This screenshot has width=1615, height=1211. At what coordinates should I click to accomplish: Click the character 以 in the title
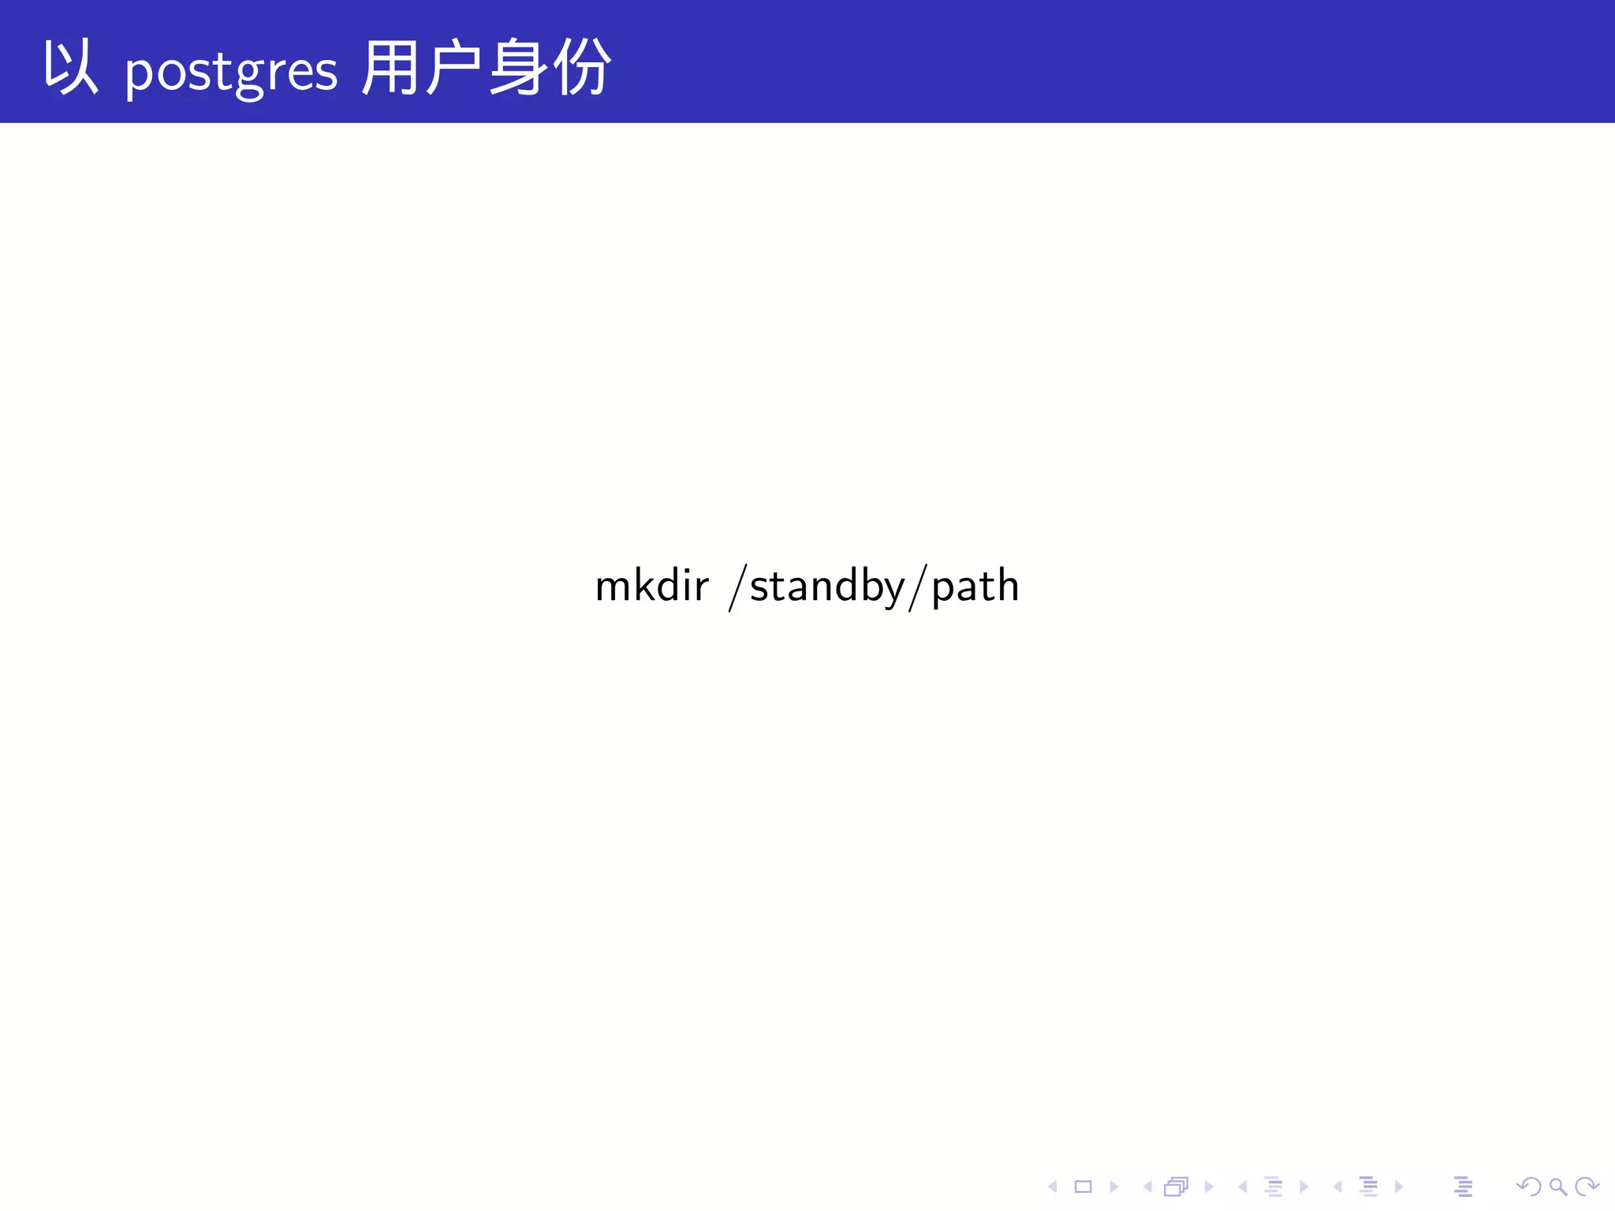click(70, 69)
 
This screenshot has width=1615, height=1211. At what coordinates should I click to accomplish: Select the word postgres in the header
click(231, 73)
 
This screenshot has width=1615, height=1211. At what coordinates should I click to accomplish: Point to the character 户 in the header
click(453, 69)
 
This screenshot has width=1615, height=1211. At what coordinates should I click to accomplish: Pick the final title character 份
click(582, 69)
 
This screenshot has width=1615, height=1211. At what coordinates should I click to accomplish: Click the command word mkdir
click(651, 586)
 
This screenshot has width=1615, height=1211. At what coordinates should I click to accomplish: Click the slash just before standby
click(738, 587)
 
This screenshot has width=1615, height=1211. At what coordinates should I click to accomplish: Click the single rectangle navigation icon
click(1083, 1187)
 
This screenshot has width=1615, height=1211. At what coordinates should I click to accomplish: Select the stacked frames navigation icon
click(1176, 1187)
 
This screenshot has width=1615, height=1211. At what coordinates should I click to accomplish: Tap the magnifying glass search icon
click(1557, 1187)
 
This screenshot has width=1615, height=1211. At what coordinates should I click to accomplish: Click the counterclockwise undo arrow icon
click(1528, 1187)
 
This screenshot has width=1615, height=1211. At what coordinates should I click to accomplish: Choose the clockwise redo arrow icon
click(1586, 1187)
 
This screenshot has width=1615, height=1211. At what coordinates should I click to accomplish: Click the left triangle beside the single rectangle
click(1053, 1187)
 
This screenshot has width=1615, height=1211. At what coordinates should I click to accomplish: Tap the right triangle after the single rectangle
click(1113, 1187)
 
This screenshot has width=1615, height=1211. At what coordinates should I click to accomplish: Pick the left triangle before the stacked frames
click(1147, 1187)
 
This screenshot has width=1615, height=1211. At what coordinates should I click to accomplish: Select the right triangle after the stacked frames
click(1208, 1187)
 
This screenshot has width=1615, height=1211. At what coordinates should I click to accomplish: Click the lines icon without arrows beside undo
click(1463, 1187)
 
